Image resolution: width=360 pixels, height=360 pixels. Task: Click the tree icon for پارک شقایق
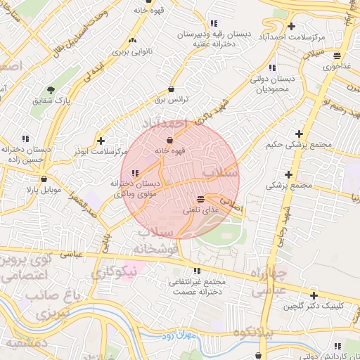pyautogui.click(x=51, y=89)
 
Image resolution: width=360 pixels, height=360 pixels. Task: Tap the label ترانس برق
pyautogui.click(x=173, y=100)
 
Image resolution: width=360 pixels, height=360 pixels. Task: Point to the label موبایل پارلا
pyautogui.click(x=44, y=190)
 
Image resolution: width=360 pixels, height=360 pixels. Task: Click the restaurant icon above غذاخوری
pyautogui.click(x=337, y=56)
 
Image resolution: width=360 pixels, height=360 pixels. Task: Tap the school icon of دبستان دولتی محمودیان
pyautogui.click(x=251, y=69)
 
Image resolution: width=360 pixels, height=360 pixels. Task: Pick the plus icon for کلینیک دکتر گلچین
pyautogui.click(x=313, y=295)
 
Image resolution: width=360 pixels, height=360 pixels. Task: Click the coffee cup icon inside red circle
pyautogui.click(x=169, y=140)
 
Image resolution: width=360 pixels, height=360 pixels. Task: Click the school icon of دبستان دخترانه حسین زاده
pyautogui.click(x=26, y=138)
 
